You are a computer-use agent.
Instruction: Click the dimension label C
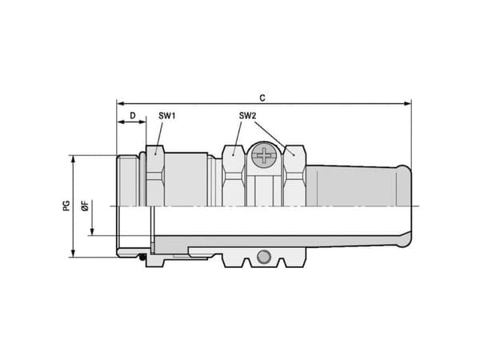tap(262, 98)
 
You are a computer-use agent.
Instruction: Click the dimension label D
tap(133, 116)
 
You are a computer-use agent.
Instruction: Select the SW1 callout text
tap(167, 116)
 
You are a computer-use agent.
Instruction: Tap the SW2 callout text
tap(247, 116)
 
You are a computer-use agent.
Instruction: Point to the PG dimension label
tap(66, 206)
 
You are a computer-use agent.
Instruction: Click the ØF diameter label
tap(86, 206)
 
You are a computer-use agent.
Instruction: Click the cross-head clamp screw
tap(263, 155)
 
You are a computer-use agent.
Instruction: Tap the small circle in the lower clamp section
tap(263, 257)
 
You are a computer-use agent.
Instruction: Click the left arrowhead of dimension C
tap(121, 103)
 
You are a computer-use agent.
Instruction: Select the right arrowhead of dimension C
tap(407, 103)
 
